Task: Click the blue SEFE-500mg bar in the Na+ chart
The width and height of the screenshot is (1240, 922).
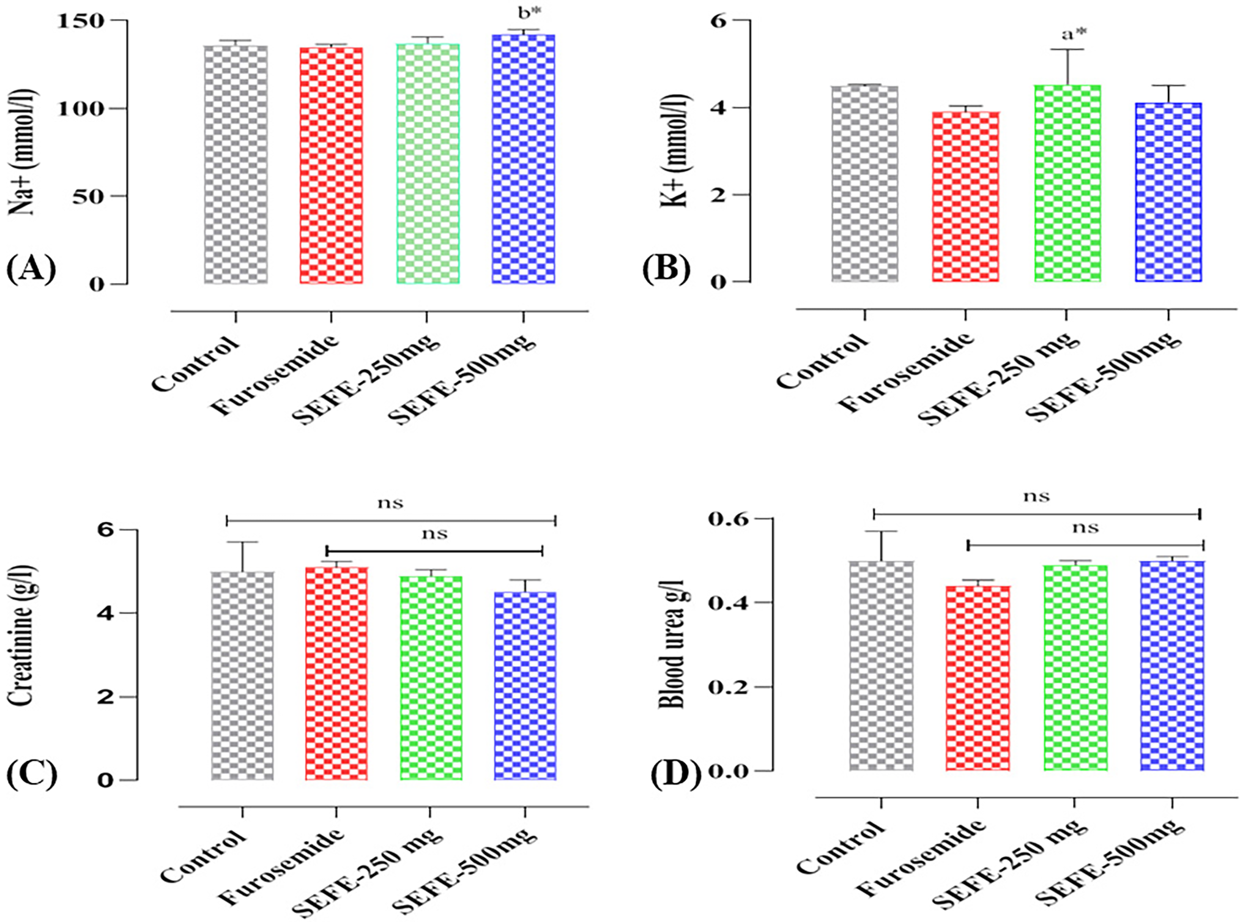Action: tap(523, 159)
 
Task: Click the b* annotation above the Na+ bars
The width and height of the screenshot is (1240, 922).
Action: tap(529, 13)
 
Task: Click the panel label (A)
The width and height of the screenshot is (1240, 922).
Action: tap(31, 269)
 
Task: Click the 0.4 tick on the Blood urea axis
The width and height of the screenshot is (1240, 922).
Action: tap(728, 603)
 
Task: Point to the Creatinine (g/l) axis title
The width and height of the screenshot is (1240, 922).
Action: tap(23, 636)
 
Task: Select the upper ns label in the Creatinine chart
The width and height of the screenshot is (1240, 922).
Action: tap(390, 504)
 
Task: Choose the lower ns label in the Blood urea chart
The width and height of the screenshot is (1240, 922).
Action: tap(1085, 528)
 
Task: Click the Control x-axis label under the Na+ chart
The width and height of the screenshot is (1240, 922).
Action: tap(196, 365)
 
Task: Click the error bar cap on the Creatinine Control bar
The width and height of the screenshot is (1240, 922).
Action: tap(243, 542)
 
